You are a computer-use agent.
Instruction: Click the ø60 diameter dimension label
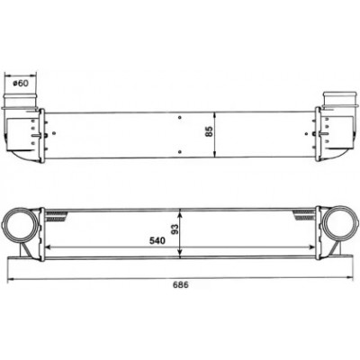(21, 83)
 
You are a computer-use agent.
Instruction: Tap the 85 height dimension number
(209, 131)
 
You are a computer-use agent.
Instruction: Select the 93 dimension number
(175, 229)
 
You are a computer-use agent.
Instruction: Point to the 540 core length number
(157, 240)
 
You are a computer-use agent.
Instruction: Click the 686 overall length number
(180, 284)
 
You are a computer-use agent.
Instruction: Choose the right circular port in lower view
(341, 224)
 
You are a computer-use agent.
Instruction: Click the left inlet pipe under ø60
(21, 101)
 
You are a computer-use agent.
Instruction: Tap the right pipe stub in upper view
(339, 100)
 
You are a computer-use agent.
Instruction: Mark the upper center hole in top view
(179, 117)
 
